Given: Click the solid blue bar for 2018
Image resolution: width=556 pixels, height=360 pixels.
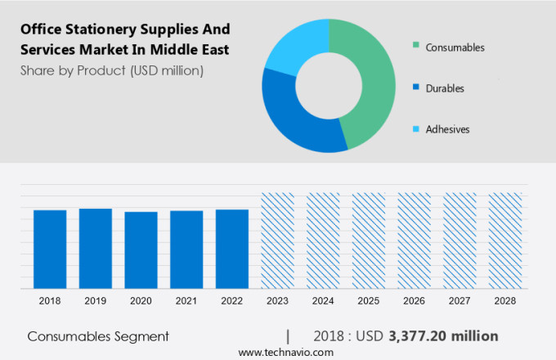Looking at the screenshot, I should (50, 249).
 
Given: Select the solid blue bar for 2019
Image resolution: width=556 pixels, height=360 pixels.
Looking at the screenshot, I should (96, 248).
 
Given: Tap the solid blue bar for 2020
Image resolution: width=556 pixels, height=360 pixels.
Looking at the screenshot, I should (141, 250).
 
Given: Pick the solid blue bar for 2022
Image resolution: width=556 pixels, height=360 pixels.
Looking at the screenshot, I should (232, 249).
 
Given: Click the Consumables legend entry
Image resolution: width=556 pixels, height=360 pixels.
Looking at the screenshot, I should (455, 47).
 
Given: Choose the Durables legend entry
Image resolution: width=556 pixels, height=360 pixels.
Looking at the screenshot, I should (445, 88).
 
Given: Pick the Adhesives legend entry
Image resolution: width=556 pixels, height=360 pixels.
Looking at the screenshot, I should (447, 129).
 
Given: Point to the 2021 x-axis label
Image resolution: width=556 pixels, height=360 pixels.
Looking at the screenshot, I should (186, 301).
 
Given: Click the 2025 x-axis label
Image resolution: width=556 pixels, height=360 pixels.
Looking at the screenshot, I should (368, 301).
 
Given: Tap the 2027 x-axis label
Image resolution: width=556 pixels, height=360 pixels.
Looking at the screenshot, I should (460, 301).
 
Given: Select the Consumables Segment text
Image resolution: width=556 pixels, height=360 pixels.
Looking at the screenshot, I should (98, 336).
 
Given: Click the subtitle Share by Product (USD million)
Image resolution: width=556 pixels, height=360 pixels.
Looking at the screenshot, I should (112, 71).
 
